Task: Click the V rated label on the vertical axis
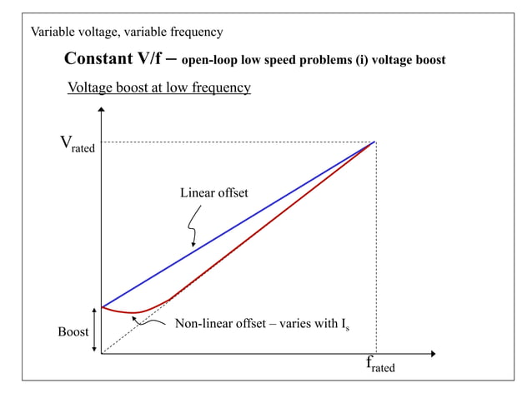click(x=77, y=144)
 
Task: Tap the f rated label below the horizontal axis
click(x=380, y=364)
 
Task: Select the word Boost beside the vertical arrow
click(x=73, y=332)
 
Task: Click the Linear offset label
click(x=214, y=193)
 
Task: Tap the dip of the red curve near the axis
click(x=133, y=312)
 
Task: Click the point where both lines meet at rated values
click(x=375, y=142)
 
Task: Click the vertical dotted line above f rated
click(x=376, y=250)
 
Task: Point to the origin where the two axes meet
click(x=101, y=354)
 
